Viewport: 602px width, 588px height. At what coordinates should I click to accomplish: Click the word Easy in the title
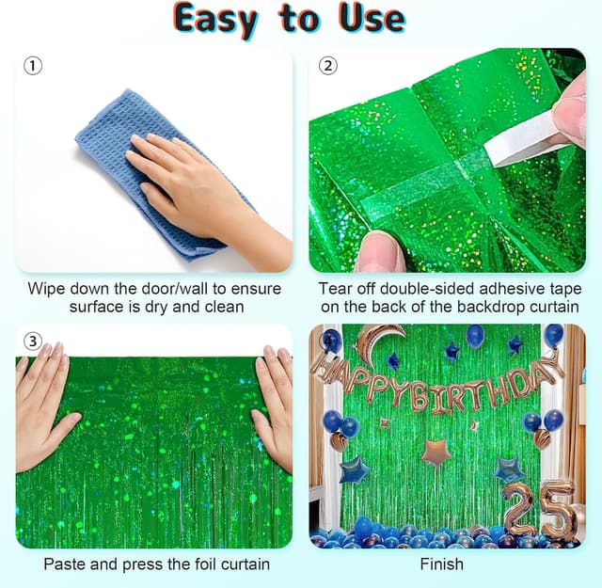[x=215, y=20]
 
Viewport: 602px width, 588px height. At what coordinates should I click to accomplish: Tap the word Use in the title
[x=372, y=18]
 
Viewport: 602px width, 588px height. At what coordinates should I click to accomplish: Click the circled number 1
[x=33, y=66]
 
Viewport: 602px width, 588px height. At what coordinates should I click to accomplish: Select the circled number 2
[x=328, y=66]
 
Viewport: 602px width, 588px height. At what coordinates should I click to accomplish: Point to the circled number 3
[x=33, y=341]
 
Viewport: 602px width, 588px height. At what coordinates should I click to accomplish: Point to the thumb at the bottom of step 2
[x=380, y=251]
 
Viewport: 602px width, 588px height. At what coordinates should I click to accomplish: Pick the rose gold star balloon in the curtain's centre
[x=436, y=453]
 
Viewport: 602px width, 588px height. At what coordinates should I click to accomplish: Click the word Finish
[x=441, y=564]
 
